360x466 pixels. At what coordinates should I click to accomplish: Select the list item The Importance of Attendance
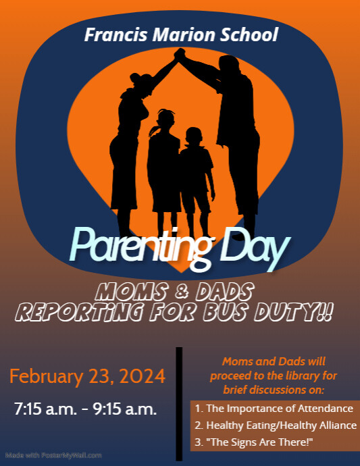tap(274, 409)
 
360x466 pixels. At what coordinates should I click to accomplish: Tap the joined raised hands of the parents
tap(179, 55)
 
